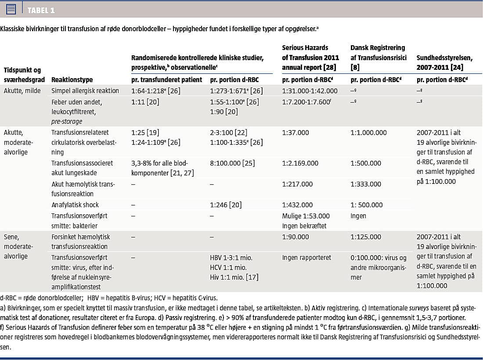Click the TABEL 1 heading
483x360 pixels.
tap(41, 10)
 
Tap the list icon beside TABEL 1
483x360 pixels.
tap(11, 9)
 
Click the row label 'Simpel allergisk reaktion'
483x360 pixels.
tap(85, 90)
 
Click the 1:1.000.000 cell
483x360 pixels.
tap(369, 133)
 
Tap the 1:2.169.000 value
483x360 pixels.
tap(300, 163)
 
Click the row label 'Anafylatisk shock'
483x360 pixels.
tap(75, 205)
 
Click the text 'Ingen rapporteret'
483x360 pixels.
tap(306, 257)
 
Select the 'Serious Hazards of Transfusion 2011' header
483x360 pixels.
tap(311, 53)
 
